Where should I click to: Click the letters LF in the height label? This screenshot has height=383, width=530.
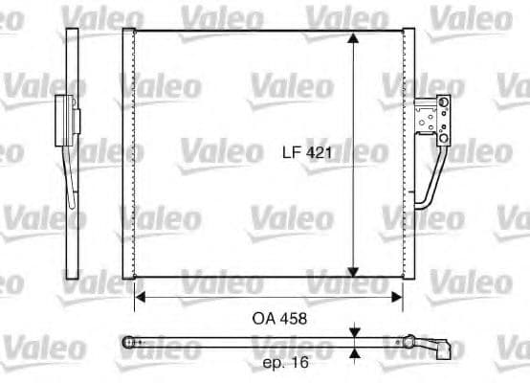[x=291, y=152]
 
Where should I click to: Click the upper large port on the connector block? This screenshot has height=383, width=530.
[x=442, y=106]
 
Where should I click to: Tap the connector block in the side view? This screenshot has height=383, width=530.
[x=65, y=120]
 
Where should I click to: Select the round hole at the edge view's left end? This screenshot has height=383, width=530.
[x=132, y=341]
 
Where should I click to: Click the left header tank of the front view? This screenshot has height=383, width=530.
[x=128, y=153]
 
